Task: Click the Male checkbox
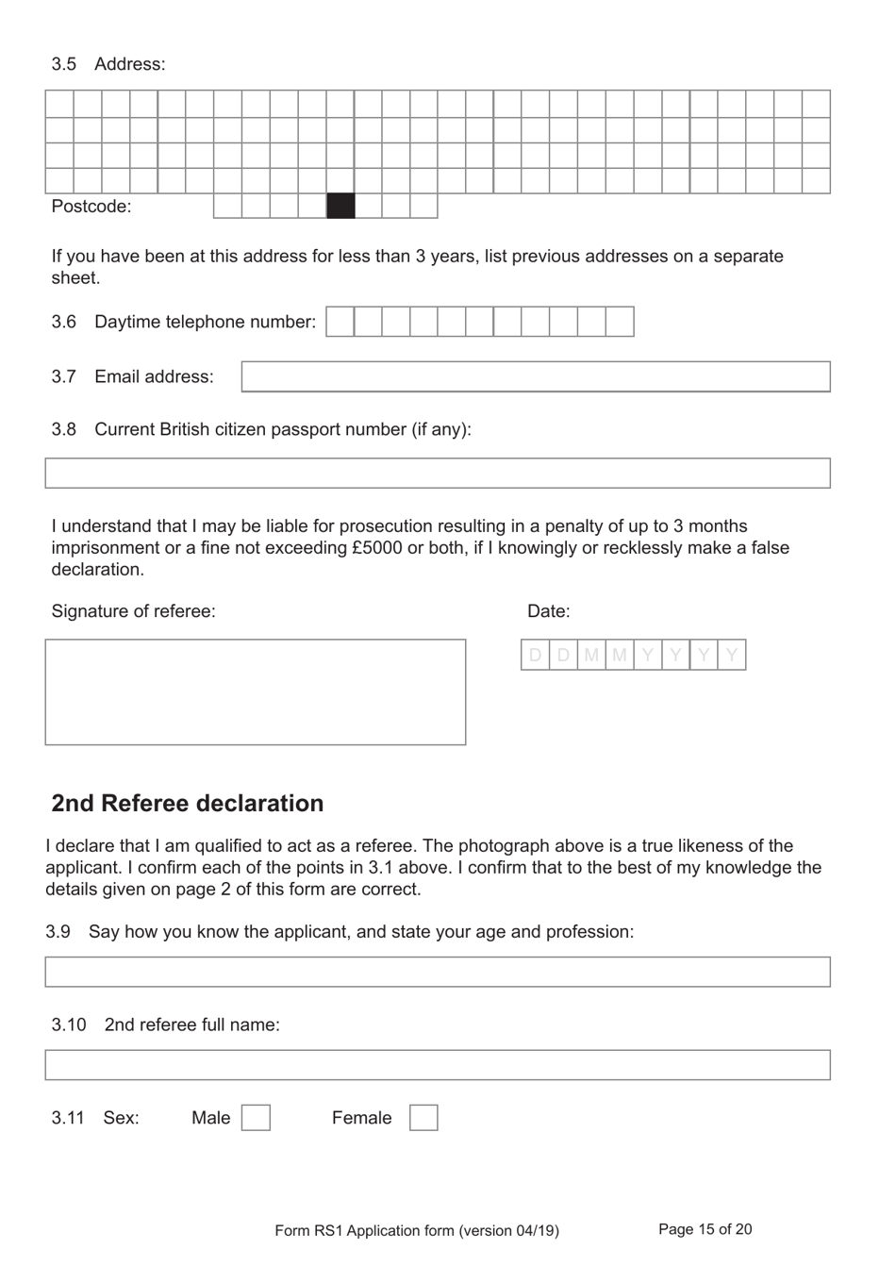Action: (256, 1118)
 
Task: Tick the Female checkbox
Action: (423, 1118)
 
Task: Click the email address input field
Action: (536, 376)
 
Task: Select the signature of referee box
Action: (256, 692)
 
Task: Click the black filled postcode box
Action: (340, 206)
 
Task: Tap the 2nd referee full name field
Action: (438, 1065)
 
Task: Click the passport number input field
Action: (438, 473)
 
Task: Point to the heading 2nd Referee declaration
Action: (187, 803)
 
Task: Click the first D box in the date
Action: (535, 655)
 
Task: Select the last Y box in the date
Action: (732, 655)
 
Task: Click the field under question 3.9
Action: (438, 972)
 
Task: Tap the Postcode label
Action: (91, 207)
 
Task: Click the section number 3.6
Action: (63, 322)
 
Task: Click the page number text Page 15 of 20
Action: (705, 1229)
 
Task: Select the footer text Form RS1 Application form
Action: (416, 1230)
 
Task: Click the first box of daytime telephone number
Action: (340, 322)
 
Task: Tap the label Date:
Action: (548, 611)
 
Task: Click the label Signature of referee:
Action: (133, 611)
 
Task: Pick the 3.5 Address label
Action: (108, 64)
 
